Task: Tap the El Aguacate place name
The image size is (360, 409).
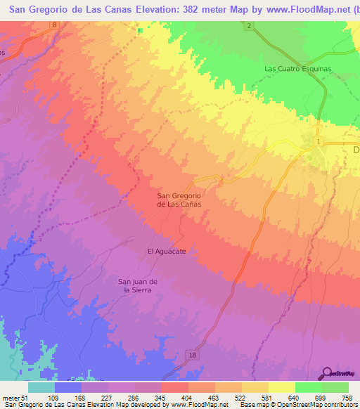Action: (166, 251)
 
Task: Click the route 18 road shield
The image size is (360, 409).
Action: (192, 357)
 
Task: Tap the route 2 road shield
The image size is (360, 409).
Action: (249, 26)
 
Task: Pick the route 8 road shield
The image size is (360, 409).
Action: (55, 25)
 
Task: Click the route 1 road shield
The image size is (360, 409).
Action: (319, 142)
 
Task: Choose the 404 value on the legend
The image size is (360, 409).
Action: (185, 398)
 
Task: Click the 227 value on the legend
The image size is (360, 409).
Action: (105, 398)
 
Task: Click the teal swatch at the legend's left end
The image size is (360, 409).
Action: (41, 387)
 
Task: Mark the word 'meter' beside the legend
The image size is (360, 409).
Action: (8, 398)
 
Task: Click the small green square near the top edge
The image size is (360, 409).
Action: (140, 30)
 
